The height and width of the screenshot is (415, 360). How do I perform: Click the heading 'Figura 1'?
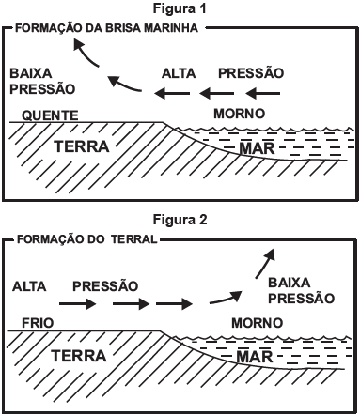pyautogui.click(x=179, y=9)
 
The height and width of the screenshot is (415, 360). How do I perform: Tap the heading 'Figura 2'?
pyautogui.click(x=179, y=222)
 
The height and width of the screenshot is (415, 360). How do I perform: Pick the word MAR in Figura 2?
pyautogui.click(x=251, y=358)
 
